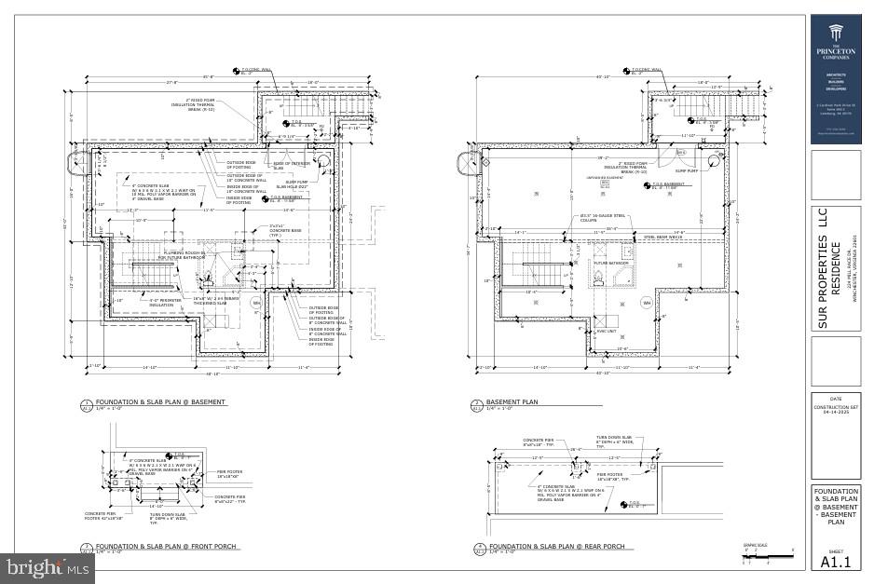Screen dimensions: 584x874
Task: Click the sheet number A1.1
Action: click(836, 562)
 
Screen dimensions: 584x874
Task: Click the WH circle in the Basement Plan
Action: click(646, 303)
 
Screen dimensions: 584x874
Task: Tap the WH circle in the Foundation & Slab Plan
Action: click(256, 302)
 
